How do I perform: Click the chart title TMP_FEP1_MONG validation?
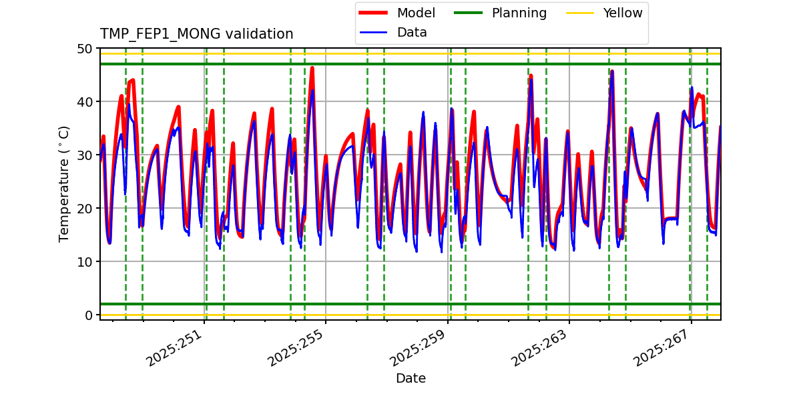coord(196,34)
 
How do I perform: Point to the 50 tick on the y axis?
coord(85,49)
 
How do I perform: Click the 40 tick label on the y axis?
coord(85,102)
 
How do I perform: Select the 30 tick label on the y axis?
coord(85,155)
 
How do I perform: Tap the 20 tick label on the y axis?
coord(85,209)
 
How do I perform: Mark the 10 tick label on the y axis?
coord(85,262)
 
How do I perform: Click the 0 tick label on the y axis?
coord(89,315)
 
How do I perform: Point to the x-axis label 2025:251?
coord(175,348)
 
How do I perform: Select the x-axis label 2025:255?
coord(296,348)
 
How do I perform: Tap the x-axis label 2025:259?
coord(419,348)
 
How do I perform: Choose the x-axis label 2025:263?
coord(540,348)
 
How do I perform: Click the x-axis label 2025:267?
coord(662,348)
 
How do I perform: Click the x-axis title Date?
coord(411,379)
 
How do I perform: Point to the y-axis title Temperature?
coord(64,183)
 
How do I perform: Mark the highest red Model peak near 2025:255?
coord(312,68)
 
